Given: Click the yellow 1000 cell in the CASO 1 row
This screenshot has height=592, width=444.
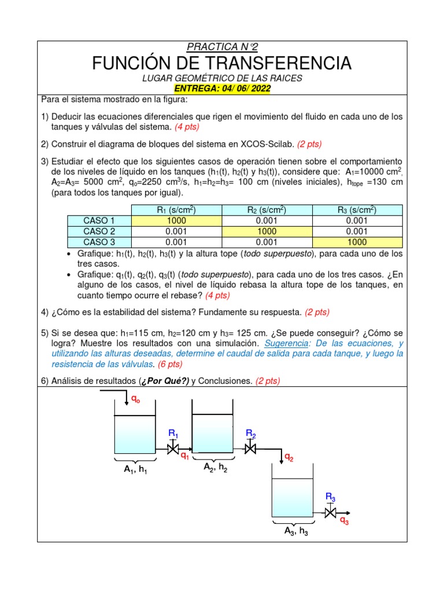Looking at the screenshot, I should (176, 220).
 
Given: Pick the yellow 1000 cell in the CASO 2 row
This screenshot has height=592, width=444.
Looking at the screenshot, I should (267, 231).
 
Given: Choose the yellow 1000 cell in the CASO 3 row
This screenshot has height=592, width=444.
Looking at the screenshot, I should (357, 242).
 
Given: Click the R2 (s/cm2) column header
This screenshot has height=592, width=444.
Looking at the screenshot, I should (267, 209).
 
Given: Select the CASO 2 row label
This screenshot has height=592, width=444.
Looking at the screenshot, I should (99, 231).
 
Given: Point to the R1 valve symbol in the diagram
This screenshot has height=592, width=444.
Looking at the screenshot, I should (173, 448).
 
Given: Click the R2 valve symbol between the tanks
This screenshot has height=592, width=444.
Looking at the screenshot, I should (250, 448).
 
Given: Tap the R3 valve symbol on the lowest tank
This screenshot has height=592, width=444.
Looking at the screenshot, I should (331, 512).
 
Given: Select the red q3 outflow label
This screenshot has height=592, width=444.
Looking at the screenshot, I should (344, 521).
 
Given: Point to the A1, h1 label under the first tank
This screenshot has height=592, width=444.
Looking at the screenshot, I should (135, 471).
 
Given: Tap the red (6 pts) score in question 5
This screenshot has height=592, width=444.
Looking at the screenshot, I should (169, 364).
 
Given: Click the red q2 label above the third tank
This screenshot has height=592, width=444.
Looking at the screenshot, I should (288, 458).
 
